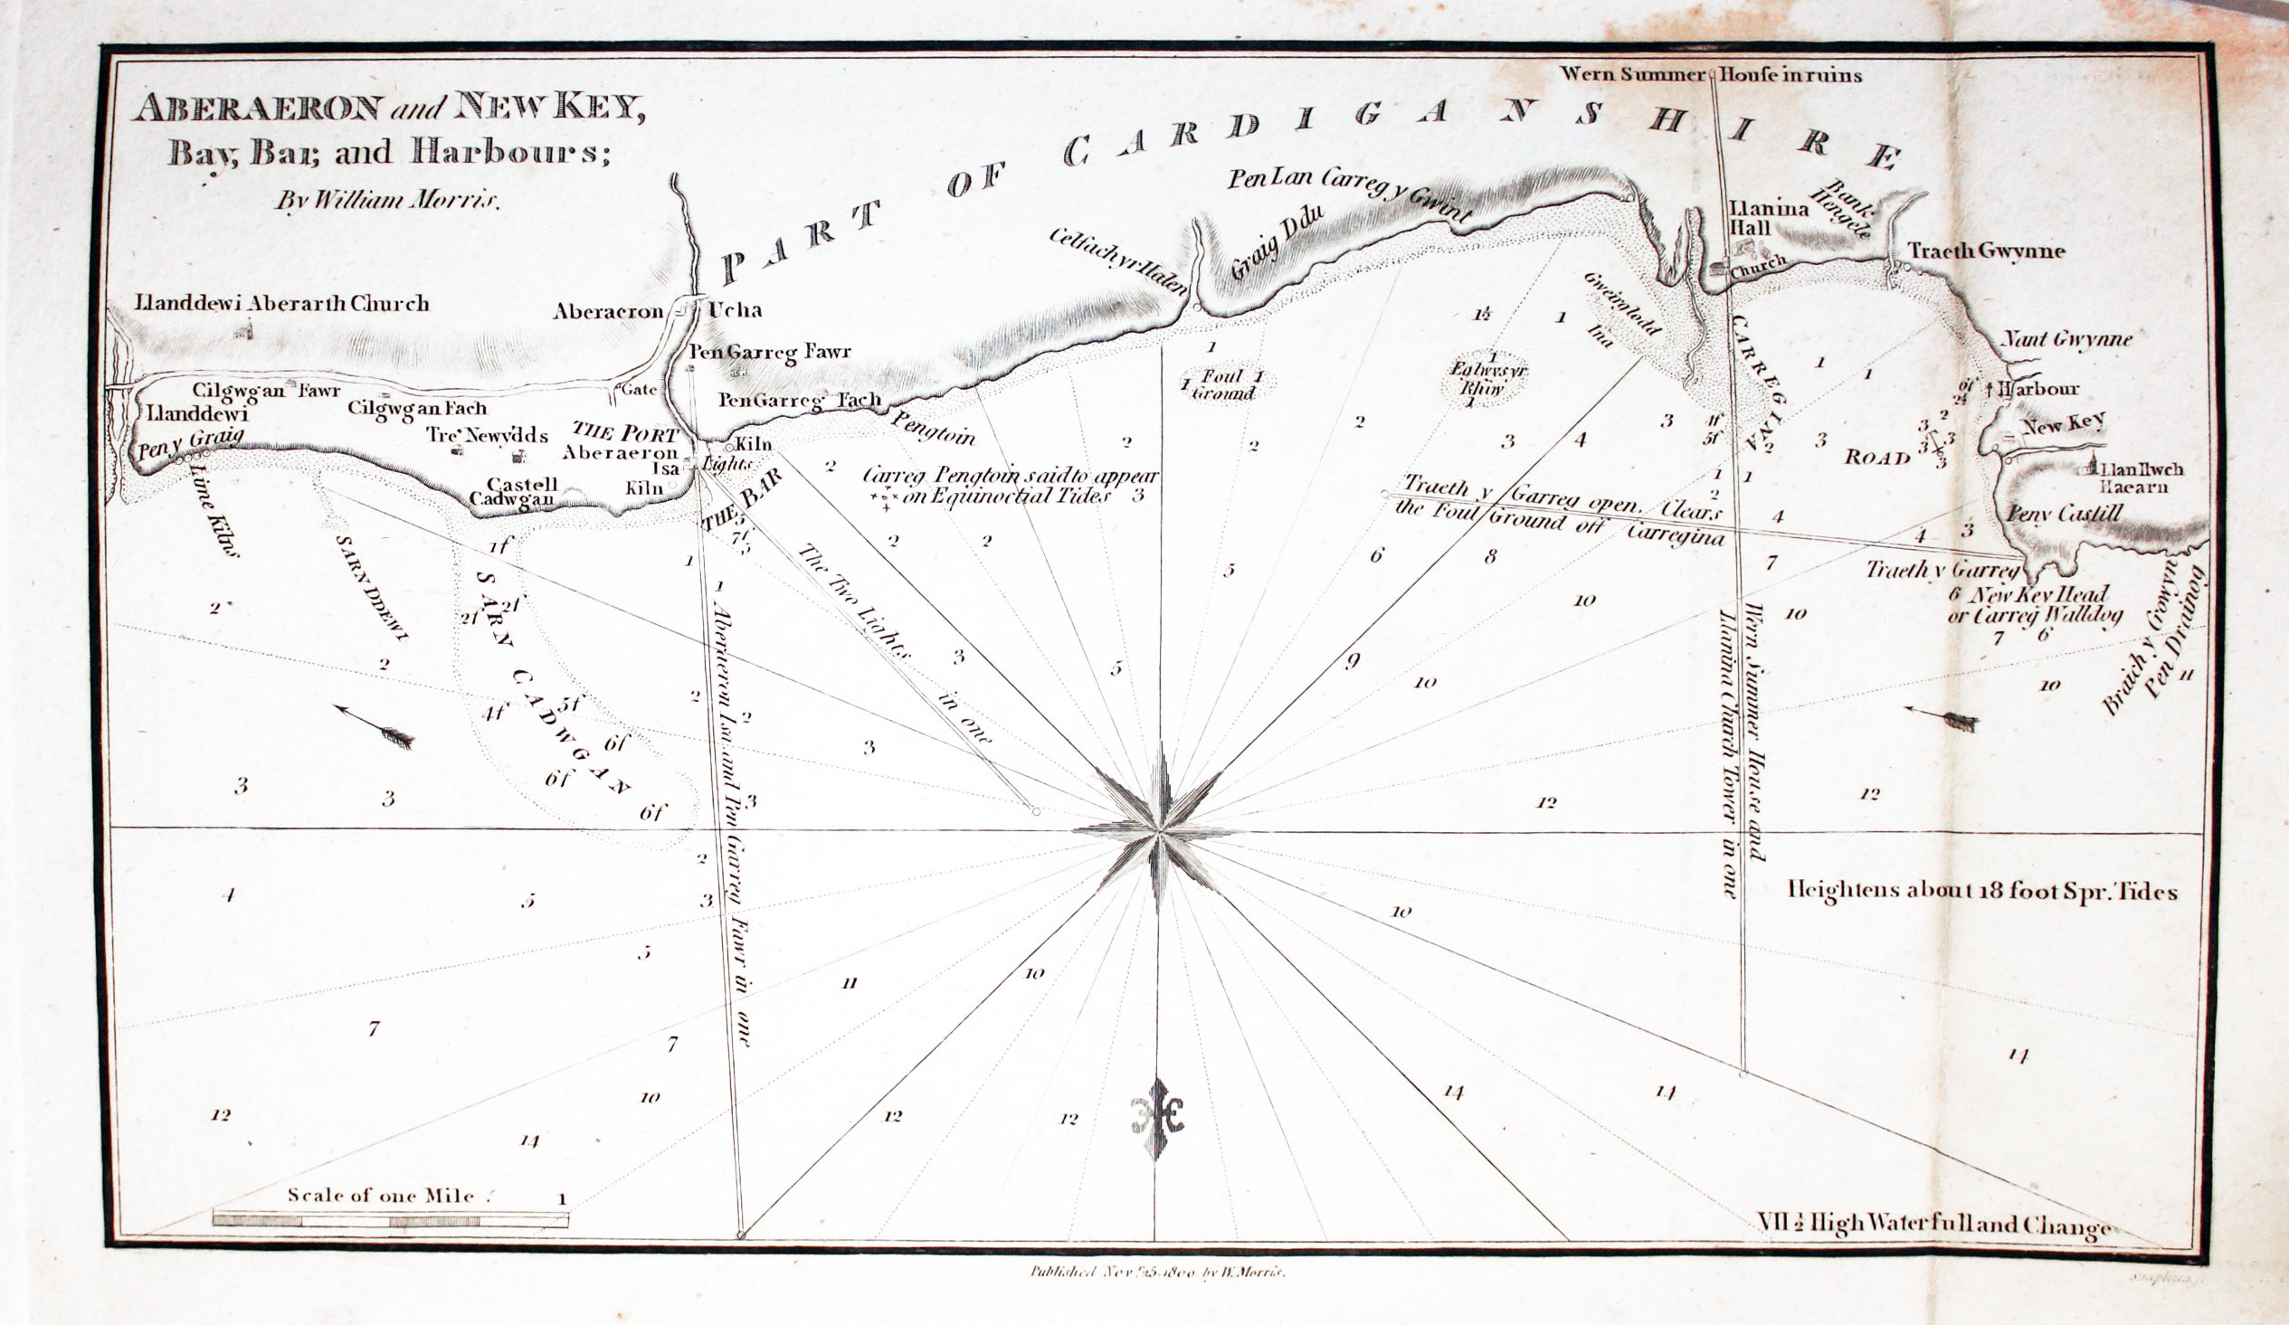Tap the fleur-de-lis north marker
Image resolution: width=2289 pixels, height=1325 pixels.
point(1156,1119)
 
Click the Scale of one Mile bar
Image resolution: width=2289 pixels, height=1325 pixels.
point(391,1220)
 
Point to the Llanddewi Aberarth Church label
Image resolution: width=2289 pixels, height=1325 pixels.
point(281,302)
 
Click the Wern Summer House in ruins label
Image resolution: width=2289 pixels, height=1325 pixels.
point(1710,74)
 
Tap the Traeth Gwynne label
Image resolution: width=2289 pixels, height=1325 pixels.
point(1986,251)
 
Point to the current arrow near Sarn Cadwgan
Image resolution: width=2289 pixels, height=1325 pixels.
point(374,725)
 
